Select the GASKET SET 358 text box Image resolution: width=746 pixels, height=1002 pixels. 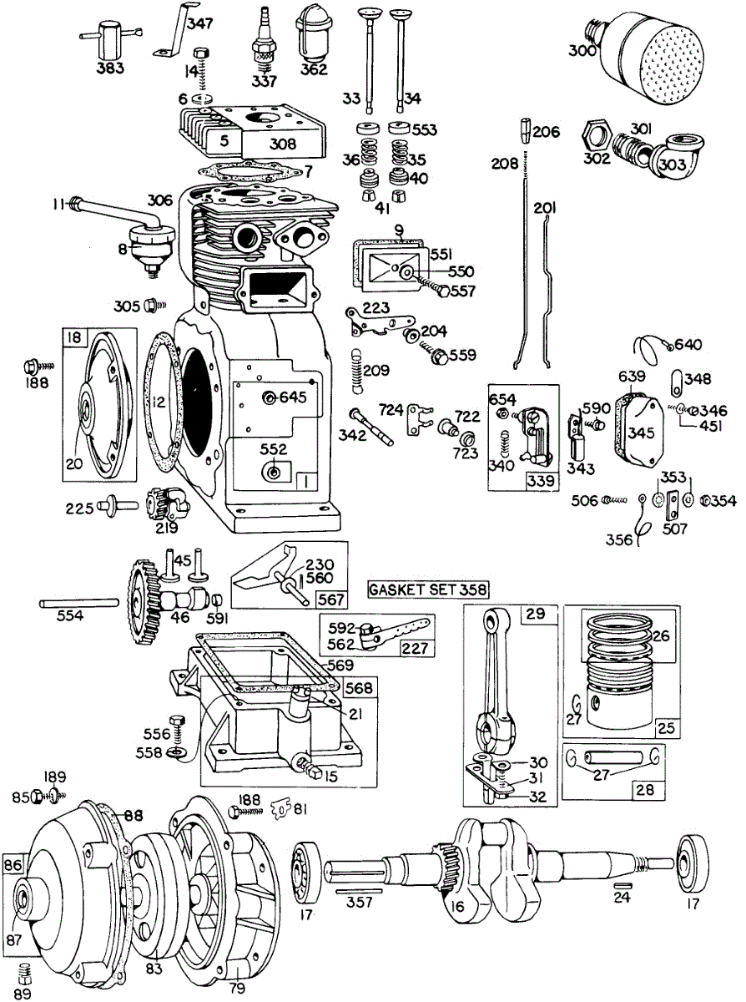point(428,590)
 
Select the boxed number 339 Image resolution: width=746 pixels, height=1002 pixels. point(540,481)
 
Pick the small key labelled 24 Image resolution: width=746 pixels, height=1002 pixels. point(621,885)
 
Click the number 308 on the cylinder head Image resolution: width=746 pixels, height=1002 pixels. point(283,144)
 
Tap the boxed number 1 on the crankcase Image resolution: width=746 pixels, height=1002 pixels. point(305,482)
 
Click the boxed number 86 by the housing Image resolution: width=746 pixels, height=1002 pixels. point(13,863)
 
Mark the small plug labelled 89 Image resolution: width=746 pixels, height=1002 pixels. point(27,971)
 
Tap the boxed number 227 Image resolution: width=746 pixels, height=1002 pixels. point(410,648)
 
